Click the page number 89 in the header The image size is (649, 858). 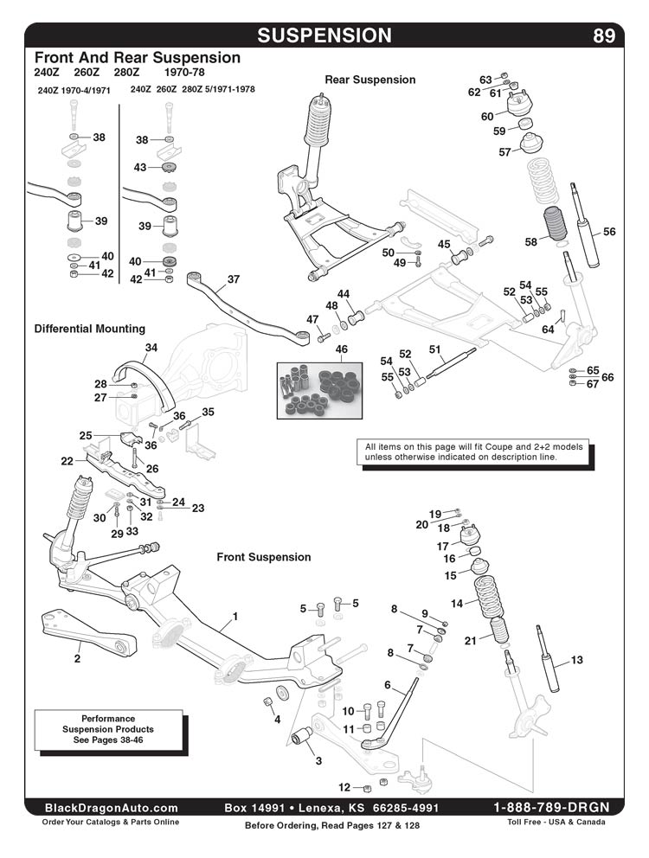coord(604,35)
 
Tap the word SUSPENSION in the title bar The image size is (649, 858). coord(324,35)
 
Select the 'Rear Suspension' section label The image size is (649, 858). coord(369,80)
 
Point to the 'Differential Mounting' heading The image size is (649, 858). coord(90,329)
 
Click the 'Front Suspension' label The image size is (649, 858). coord(263,557)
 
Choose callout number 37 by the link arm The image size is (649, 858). coord(233,279)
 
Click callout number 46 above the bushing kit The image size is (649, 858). coord(342,349)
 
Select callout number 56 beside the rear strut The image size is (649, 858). coord(609,232)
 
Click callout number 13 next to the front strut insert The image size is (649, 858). coord(577,660)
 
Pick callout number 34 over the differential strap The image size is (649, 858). coord(151,348)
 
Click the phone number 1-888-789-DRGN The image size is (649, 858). coord(551,807)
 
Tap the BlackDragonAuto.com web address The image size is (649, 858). coord(112,807)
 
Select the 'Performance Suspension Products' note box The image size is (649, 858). coord(108,729)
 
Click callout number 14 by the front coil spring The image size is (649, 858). coord(458,603)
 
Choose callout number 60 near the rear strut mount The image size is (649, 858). coord(487,116)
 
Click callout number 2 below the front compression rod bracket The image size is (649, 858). coord(77,659)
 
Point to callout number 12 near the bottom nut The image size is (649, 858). coord(344,787)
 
